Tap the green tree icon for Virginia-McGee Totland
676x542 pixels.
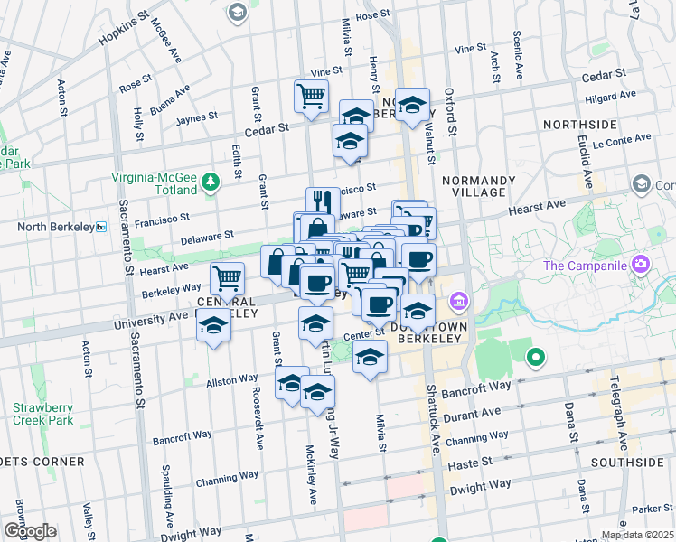point(210,182)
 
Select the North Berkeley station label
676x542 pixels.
point(56,227)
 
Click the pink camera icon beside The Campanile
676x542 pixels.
point(641,266)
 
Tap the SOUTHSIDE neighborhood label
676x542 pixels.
point(627,462)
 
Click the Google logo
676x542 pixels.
point(29,531)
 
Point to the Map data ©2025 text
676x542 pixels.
point(637,535)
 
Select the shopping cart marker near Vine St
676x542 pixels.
point(311,96)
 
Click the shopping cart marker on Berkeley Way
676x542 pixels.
point(228,276)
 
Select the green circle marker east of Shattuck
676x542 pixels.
point(535,357)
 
